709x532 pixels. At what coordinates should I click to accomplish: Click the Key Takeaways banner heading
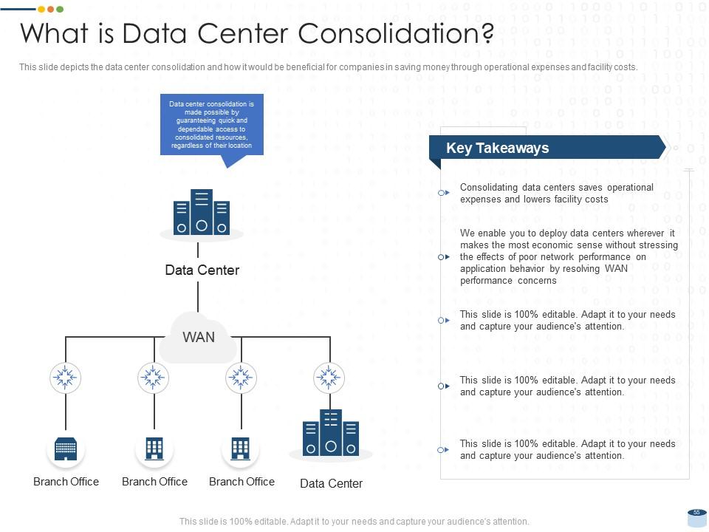point(497,148)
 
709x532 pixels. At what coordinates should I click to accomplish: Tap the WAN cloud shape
point(198,338)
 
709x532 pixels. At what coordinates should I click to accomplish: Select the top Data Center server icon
point(201,213)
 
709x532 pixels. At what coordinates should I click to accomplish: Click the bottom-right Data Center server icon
point(330,432)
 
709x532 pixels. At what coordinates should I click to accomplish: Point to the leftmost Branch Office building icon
point(66,449)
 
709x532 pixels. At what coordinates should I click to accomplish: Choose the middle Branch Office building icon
point(154,449)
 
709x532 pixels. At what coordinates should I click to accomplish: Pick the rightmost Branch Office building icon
point(241,449)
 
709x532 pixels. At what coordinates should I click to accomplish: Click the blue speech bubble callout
point(211,125)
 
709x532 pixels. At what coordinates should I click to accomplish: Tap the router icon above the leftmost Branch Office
point(66,378)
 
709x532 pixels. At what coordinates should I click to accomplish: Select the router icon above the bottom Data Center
point(329,378)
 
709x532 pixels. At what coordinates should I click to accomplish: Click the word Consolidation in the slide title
point(395,33)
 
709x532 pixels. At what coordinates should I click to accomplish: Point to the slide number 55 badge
point(696,513)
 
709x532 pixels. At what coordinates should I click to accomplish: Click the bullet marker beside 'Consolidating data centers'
point(443,193)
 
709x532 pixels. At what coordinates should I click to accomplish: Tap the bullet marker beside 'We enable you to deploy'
point(443,257)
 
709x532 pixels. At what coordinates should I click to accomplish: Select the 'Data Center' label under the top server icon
point(202,270)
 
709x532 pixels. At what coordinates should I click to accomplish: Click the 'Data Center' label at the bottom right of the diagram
point(331,484)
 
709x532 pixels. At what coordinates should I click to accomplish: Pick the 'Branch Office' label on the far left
point(66,482)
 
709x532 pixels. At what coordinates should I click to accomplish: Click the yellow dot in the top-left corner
point(50,9)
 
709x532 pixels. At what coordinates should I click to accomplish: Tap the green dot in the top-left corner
point(60,9)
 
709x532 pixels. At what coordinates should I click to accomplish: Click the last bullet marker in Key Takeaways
point(443,449)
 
